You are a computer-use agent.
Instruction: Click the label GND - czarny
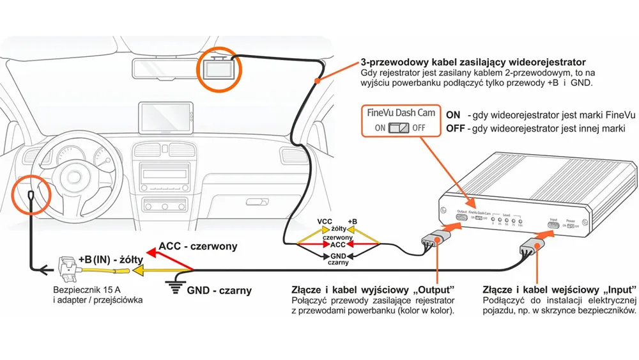coord(219,291)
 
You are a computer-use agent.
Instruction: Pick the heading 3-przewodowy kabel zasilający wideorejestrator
coord(472,63)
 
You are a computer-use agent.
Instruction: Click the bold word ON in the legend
coord(453,115)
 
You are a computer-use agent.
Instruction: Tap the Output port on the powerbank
coord(461,215)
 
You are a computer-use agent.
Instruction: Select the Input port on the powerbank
coord(553,225)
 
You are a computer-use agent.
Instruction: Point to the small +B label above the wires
coord(351,221)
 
